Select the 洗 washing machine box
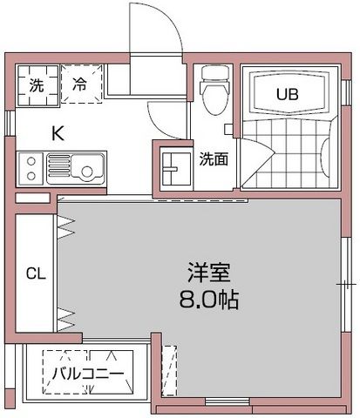36,85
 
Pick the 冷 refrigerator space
81,85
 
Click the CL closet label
35,273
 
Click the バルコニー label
86,374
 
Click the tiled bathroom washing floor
288,157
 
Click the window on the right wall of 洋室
346,284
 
